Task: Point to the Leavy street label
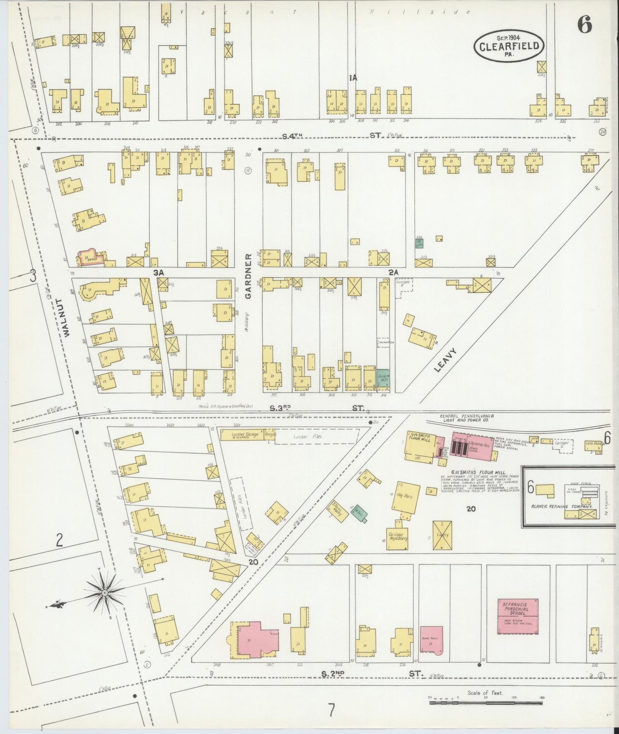(446, 360)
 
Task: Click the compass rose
(105, 593)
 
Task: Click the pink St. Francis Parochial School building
(517, 616)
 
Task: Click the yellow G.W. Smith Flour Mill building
(420, 446)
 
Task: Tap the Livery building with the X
(443, 535)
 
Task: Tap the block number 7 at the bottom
(331, 710)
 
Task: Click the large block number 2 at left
(59, 540)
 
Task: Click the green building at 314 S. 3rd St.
(383, 378)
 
